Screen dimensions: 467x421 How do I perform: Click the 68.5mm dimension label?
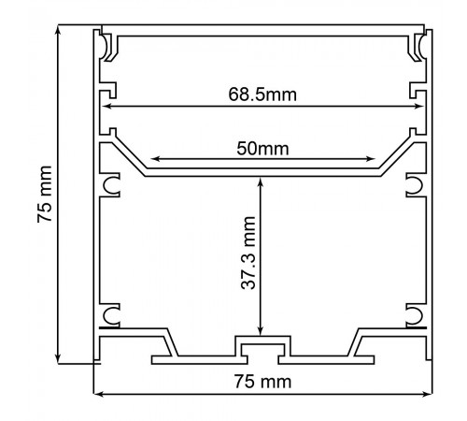262,94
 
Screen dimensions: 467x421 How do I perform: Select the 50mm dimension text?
262,149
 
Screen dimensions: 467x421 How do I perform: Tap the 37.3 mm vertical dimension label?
248,253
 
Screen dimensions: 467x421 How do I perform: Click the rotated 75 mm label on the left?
44,194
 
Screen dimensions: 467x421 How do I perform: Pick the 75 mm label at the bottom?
262,382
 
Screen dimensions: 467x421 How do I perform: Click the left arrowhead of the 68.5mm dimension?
106,107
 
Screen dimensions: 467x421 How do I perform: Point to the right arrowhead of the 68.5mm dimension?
419,107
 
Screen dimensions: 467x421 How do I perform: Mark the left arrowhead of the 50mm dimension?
155,159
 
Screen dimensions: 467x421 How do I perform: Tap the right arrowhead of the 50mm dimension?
371,159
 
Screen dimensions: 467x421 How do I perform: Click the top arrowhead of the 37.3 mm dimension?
261,181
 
